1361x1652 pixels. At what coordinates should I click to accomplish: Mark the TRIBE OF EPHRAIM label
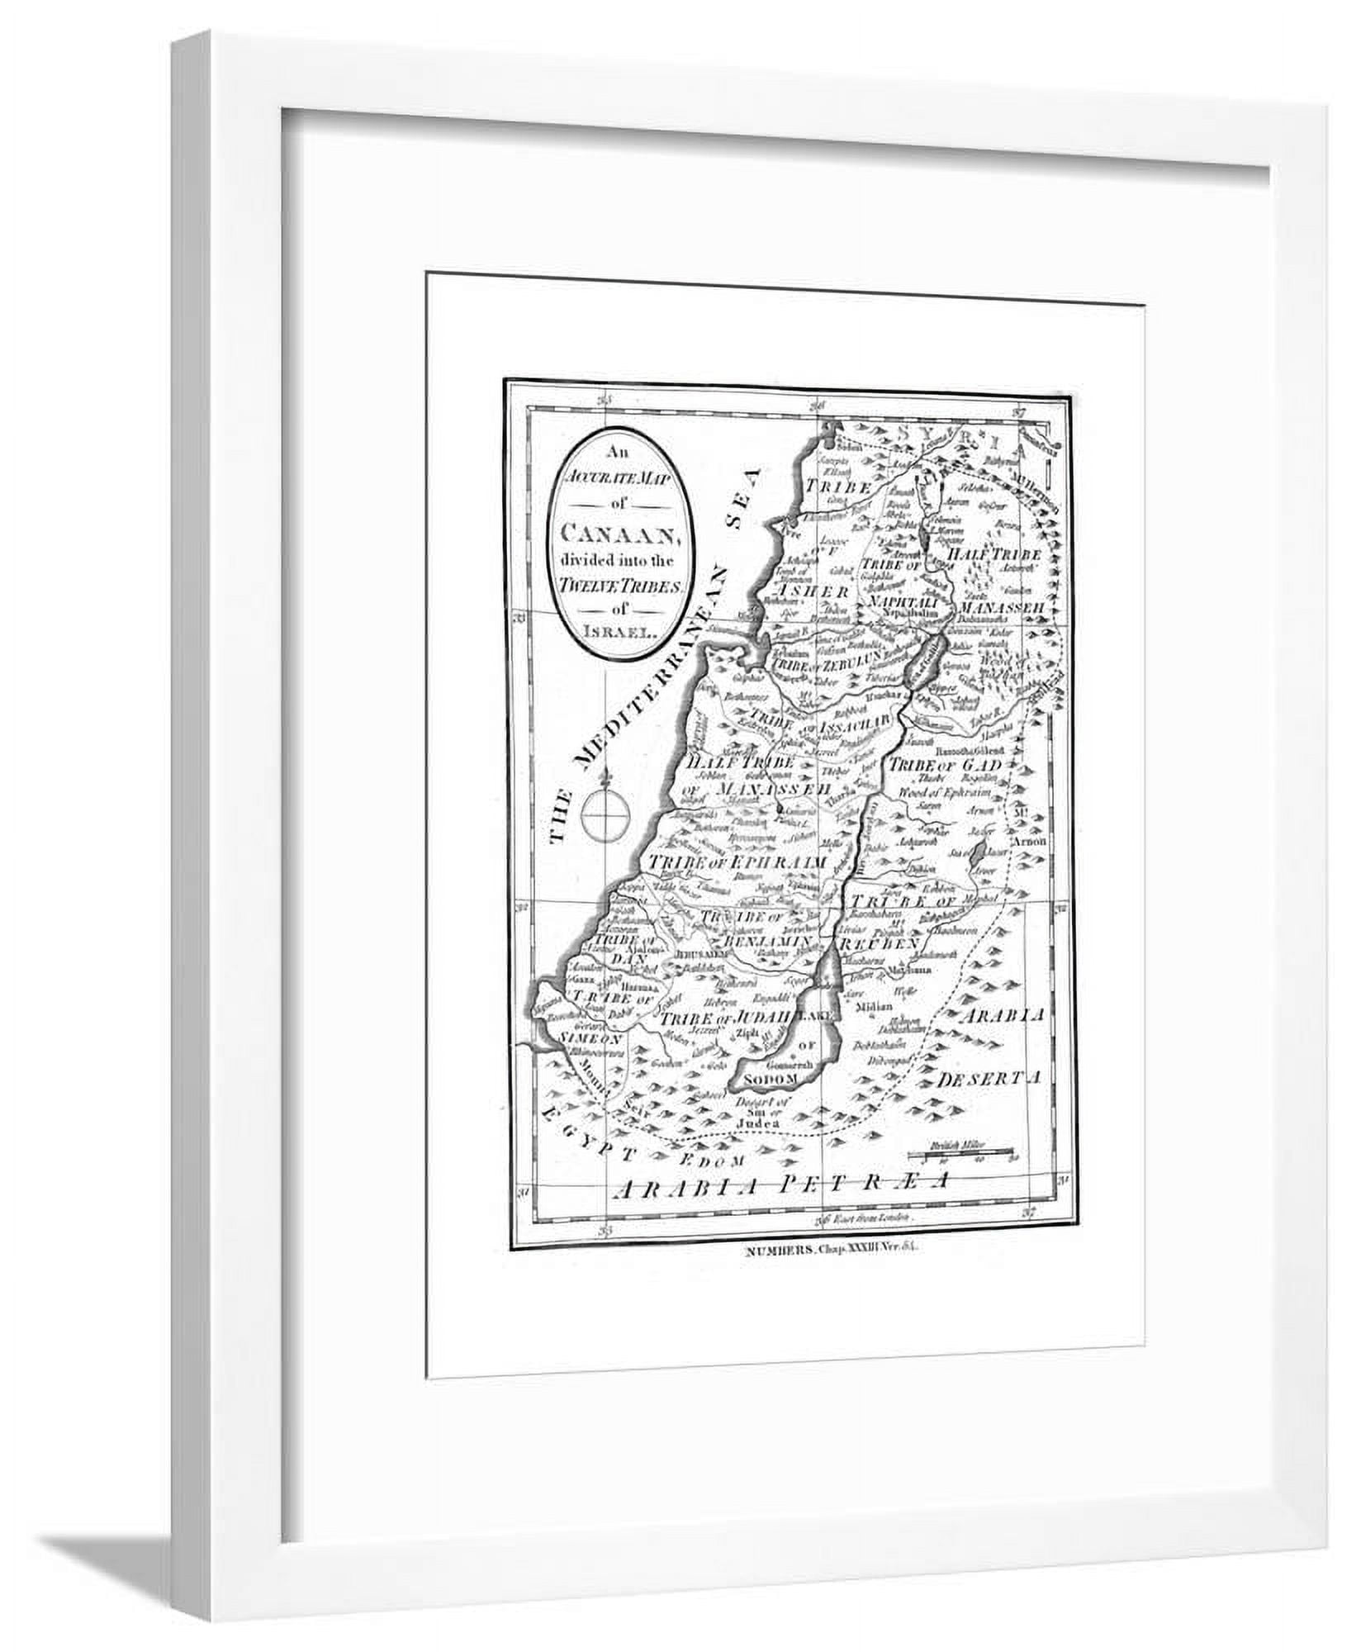point(738,862)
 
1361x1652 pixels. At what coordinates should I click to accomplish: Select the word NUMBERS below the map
point(769,1251)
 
